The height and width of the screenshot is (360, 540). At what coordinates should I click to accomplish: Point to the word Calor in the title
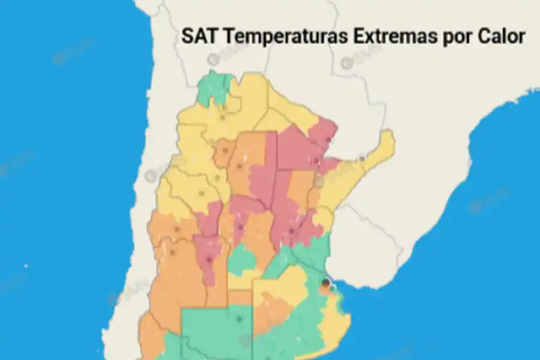(502, 36)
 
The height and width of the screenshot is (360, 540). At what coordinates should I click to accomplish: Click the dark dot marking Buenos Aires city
(325, 282)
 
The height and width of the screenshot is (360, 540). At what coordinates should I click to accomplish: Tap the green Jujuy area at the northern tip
(214, 88)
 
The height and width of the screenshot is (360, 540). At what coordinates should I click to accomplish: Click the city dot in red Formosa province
(327, 140)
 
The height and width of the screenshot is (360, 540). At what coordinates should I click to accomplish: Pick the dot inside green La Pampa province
(239, 319)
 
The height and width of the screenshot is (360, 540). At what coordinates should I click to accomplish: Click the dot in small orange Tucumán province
(225, 151)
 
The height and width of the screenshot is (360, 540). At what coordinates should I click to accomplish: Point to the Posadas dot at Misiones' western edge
(362, 158)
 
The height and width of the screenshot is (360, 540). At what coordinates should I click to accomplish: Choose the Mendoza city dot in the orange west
(172, 253)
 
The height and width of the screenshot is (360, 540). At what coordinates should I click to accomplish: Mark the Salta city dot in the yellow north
(222, 117)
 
